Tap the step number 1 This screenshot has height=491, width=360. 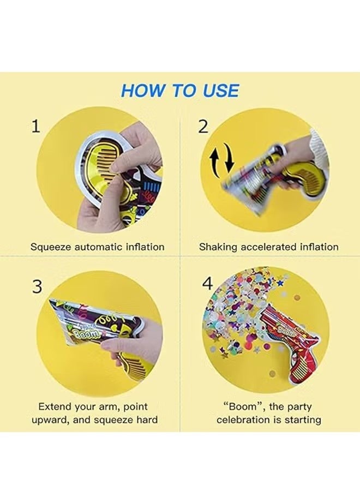(36, 127)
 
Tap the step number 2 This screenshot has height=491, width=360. (203, 127)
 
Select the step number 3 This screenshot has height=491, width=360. (37, 288)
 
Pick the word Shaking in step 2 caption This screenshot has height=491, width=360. (218, 247)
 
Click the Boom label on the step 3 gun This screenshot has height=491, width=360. (85, 333)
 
